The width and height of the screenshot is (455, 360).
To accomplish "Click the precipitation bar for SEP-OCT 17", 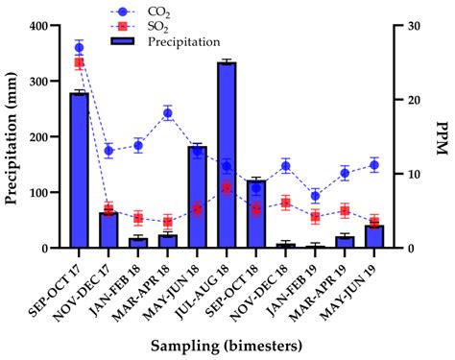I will pos(79,171).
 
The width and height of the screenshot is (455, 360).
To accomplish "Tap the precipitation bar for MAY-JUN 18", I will pos(197,197).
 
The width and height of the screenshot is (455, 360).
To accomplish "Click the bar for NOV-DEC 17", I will pos(108,230).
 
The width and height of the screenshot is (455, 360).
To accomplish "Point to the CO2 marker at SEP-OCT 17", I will pos(79,47).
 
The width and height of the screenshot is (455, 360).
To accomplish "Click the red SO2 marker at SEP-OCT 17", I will pos(79,62).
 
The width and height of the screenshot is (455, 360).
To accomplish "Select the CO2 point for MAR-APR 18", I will pos(168,113).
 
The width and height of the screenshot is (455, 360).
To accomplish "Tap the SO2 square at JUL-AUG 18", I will pos(227,188).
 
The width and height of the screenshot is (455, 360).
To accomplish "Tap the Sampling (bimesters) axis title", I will pos(227,344).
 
